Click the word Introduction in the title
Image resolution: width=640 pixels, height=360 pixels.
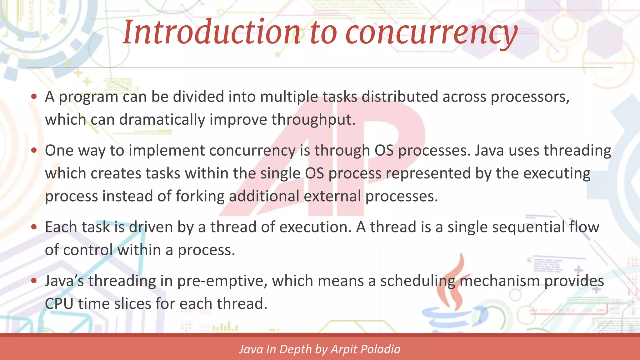pos(211,32)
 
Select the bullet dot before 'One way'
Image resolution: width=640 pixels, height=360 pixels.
pos(34,150)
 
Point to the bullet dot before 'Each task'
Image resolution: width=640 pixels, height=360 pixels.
pos(34,227)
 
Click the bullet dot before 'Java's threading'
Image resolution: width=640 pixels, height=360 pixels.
pos(34,281)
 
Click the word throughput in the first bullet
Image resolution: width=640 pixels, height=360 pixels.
pos(313,120)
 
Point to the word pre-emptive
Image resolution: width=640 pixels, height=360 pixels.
pos(222,281)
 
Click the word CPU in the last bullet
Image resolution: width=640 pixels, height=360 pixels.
pos(59,303)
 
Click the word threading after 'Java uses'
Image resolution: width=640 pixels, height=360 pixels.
pos(577,151)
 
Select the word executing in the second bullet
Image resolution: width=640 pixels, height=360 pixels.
pos(557,173)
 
